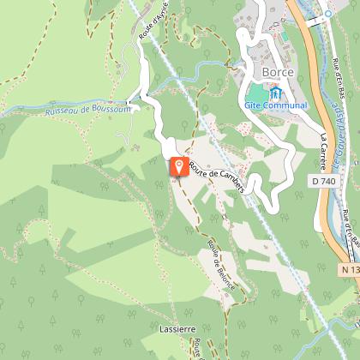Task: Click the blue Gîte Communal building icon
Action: click(276, 93)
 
